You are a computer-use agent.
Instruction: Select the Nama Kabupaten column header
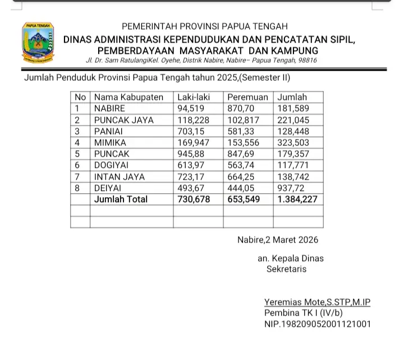128,97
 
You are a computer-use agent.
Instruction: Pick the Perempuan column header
247,97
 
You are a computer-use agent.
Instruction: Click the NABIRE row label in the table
110,108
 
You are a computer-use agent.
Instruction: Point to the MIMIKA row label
111,143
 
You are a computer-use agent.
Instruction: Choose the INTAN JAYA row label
119,176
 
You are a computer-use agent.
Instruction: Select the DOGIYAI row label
112,165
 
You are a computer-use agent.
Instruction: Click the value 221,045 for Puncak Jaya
293,120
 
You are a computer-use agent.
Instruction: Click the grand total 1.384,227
298,199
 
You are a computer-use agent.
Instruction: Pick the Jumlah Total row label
121,199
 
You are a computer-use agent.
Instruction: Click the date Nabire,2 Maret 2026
277,240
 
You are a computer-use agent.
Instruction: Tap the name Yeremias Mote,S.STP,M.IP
317,302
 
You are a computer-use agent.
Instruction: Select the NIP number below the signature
317,324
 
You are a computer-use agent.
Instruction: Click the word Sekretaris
286,269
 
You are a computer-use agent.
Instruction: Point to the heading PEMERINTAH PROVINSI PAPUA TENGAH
204,26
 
